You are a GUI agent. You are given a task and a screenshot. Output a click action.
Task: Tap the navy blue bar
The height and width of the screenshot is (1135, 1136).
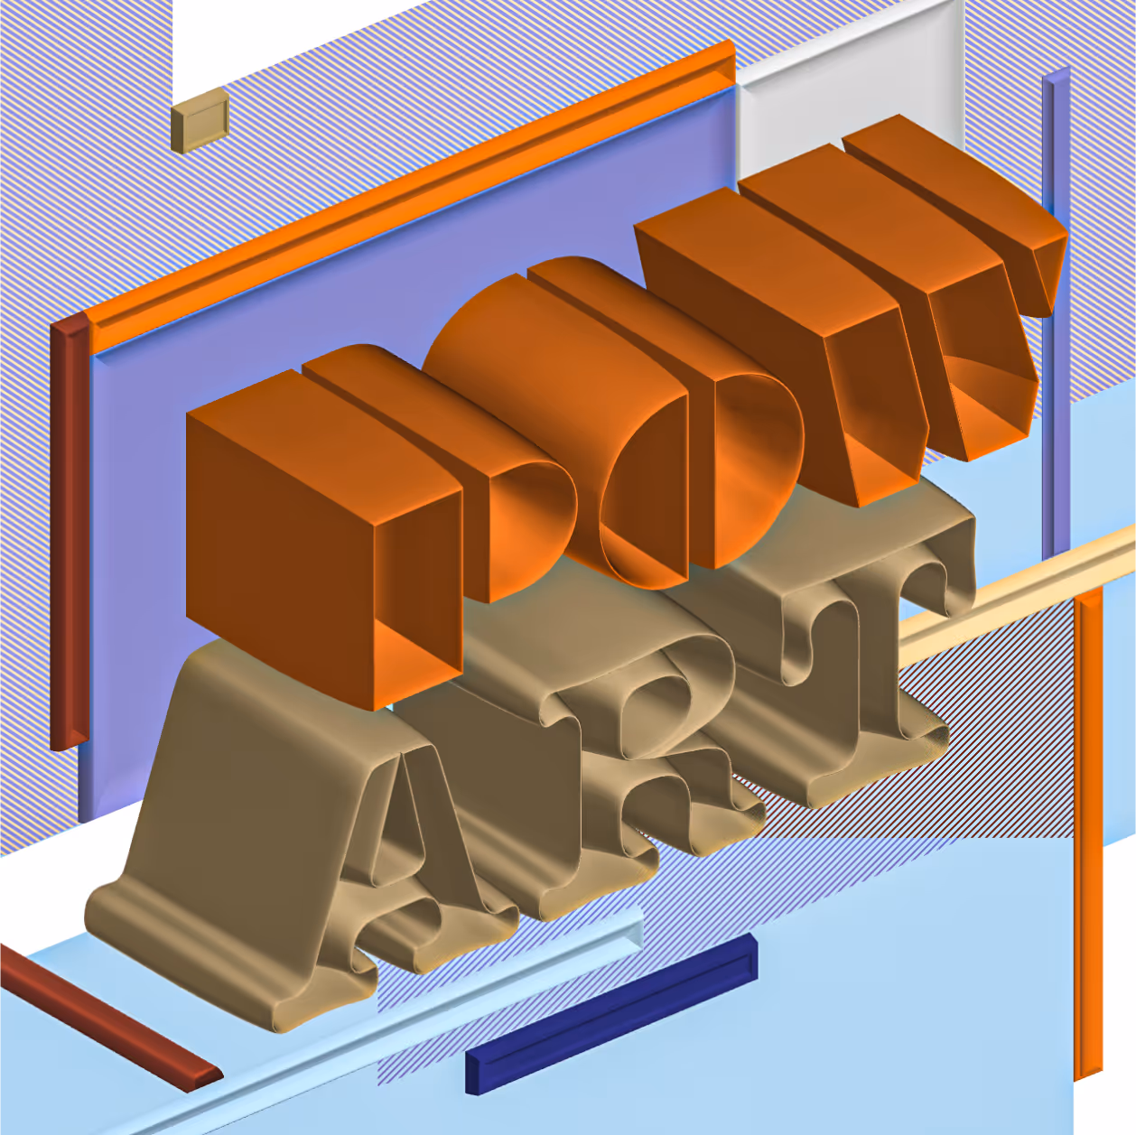[611, 1016]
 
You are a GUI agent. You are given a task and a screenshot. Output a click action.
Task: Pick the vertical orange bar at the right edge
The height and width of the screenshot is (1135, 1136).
[1088, 831]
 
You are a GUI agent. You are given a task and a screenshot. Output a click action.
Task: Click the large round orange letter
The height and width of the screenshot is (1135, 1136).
[551, 415]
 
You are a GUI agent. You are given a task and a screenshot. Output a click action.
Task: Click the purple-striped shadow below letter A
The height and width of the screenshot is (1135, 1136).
[433, 1011]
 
